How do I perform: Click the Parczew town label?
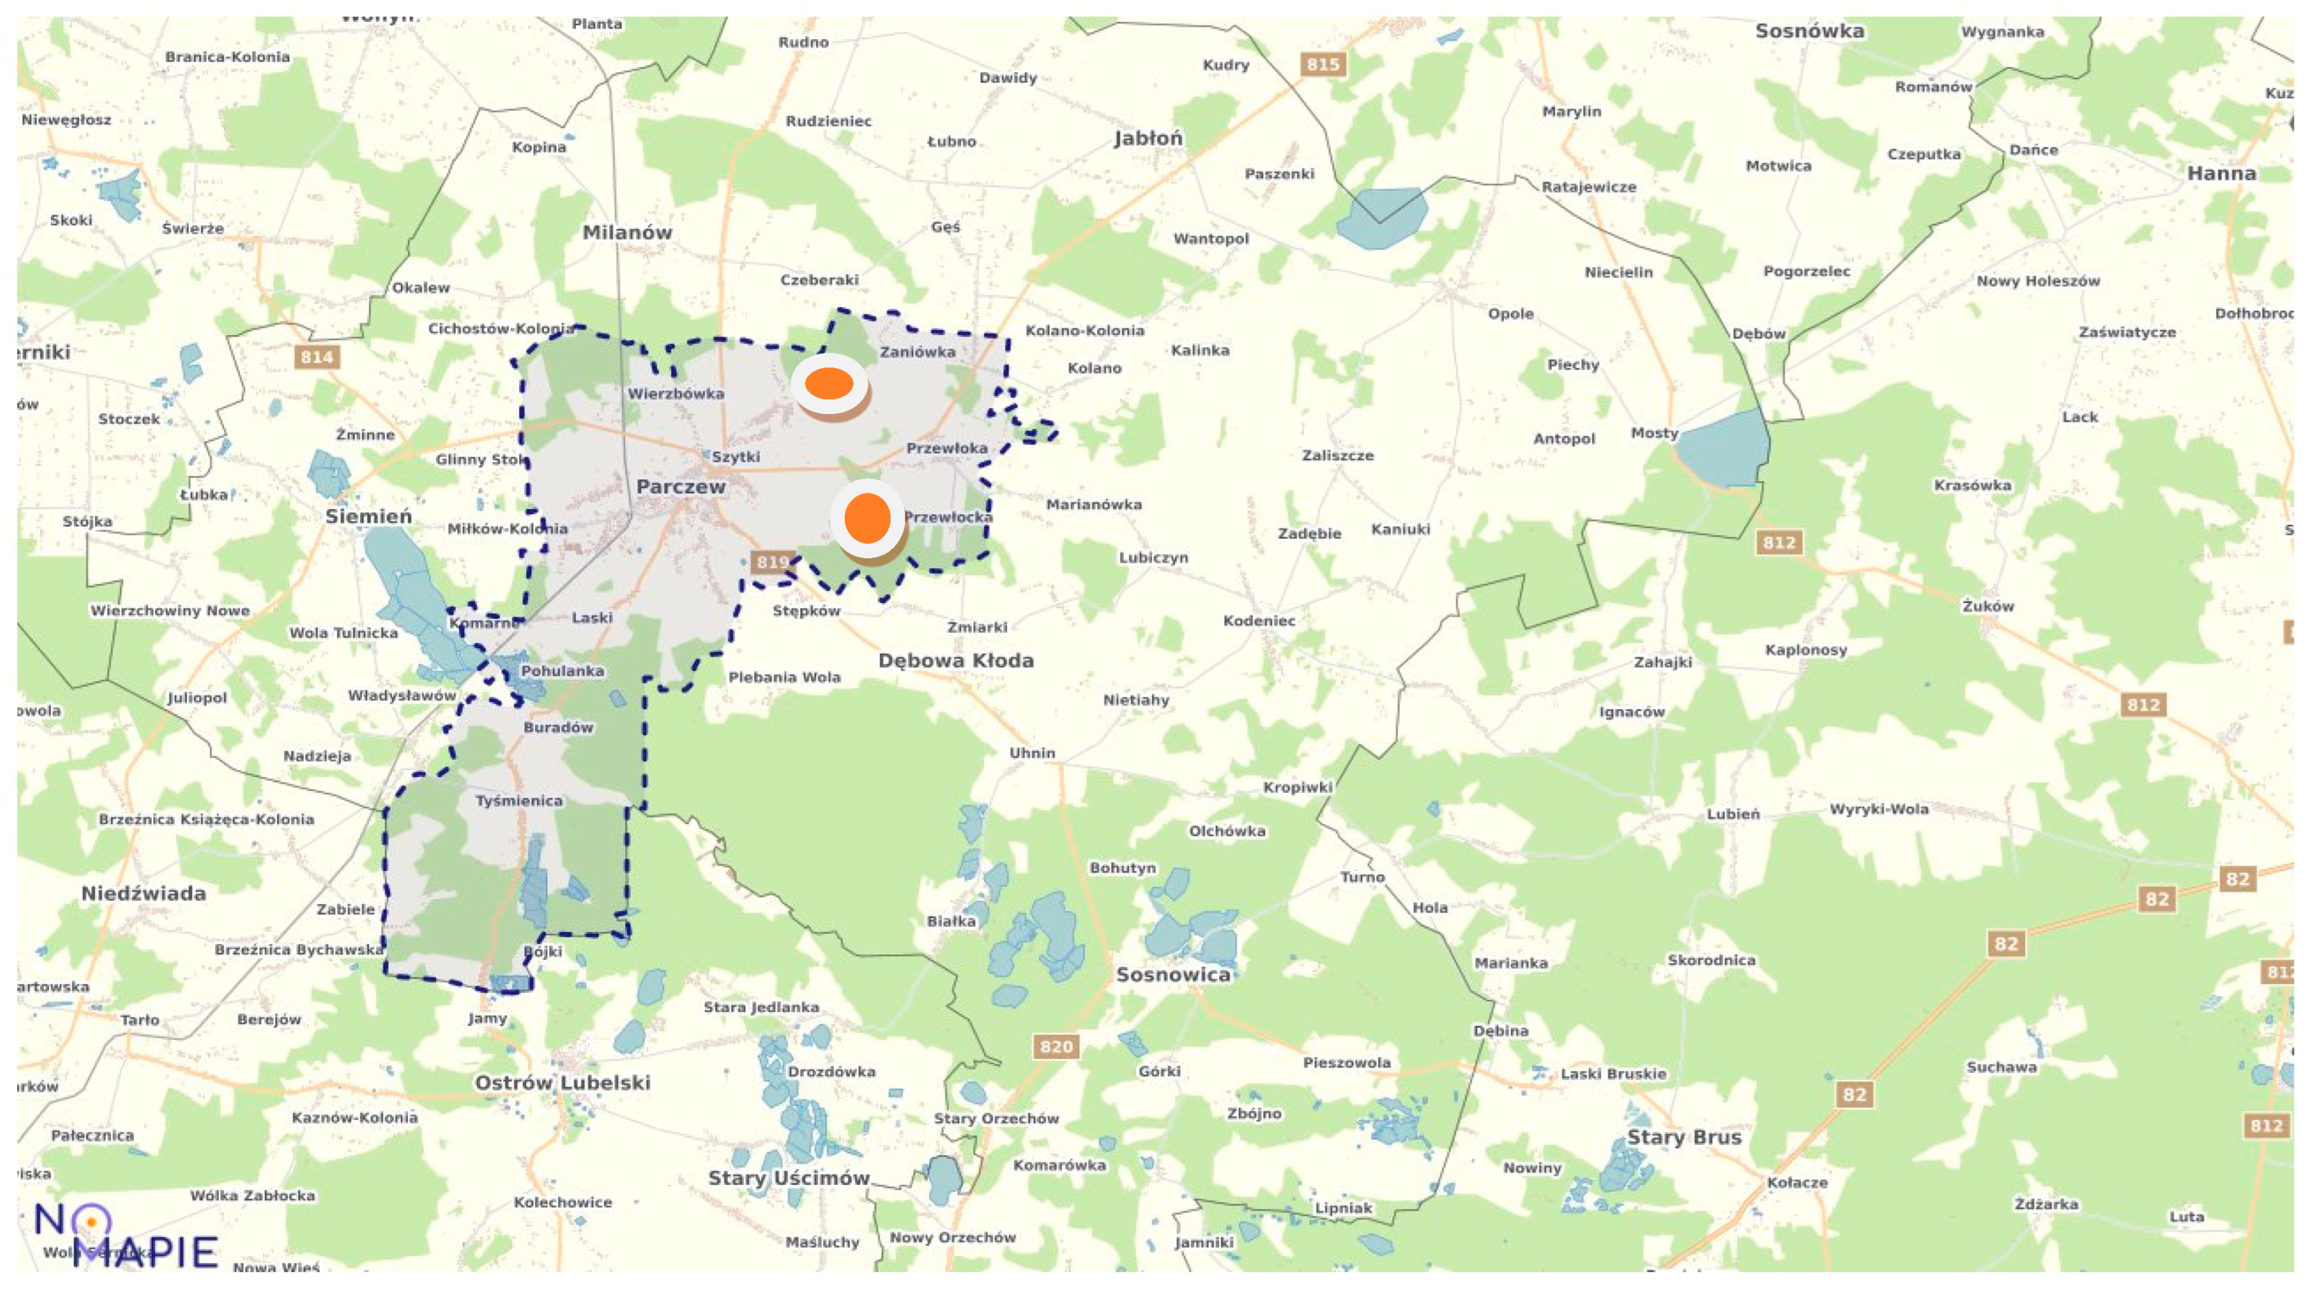click(x=680, y=487)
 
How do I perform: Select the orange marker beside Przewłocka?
click(x=867, y=517)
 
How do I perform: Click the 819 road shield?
click(x=772, y=562)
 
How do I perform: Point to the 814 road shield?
click(x=317, y=357)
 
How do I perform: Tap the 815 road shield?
click(x=1323, y=65)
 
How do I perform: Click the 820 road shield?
click(x=1055, y=1046)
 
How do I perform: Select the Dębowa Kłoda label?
click(x=956, y=661)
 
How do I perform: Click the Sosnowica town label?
click(x=1173, y=974)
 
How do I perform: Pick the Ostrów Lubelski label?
click(x=562, y=1082)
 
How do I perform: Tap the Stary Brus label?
click(x=1683, y=1136)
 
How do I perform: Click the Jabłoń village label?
click(x=1148, y=138)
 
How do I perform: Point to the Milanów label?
click(x=627, y=232)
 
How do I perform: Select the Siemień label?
click(x=369, y=517)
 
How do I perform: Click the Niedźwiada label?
click(x=144, y=893)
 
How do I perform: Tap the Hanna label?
click(x=2220, y=173)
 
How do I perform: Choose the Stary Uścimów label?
click(x=788, y=1177)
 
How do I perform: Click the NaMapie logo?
click(x=126, y=1236)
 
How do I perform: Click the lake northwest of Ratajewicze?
click(x=1381, y=218)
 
